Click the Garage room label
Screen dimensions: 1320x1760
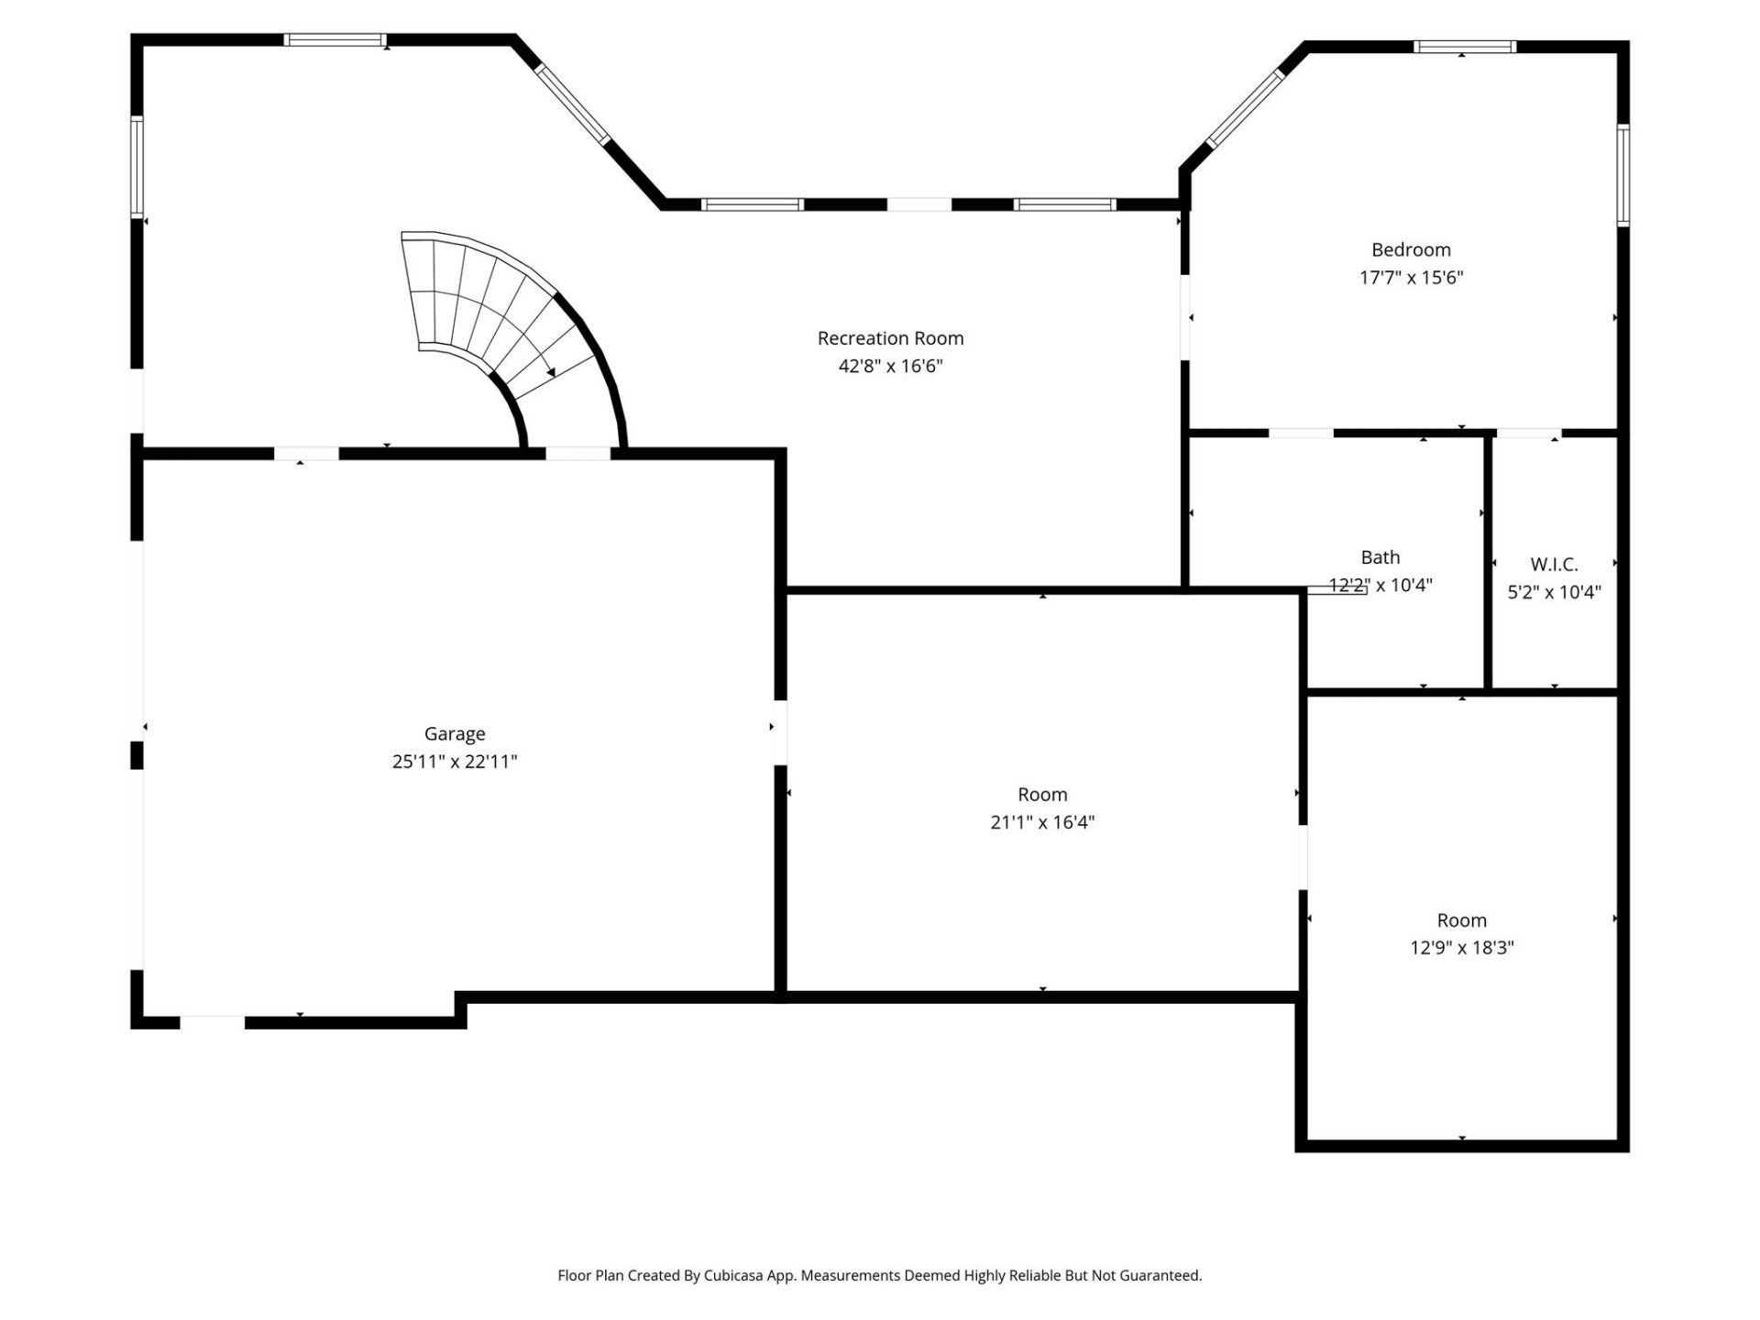point(455,733)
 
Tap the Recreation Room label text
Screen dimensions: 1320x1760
point(890,338)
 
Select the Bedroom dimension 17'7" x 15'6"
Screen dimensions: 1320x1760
point(1411,278)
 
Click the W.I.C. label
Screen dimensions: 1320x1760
point(1554,565)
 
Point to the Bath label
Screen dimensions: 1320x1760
point(1380,557)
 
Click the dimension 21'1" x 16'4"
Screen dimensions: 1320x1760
point(1042,822)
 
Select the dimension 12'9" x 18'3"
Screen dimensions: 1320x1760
point(1461,948)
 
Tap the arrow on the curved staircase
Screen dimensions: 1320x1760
point(550,370)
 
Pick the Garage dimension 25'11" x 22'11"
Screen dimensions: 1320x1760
point(455,762)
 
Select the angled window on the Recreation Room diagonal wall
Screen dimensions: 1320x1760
point(573,104)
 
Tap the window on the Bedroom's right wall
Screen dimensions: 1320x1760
point(1622,175)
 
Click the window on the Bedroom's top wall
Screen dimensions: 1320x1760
point(1464,47)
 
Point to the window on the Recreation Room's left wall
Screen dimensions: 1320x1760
point(137,167)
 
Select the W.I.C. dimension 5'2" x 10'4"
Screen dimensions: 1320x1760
point(1554,592)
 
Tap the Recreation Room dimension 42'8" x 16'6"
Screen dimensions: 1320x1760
point(890,367)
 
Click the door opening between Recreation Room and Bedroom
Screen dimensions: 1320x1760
point(1184,317)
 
